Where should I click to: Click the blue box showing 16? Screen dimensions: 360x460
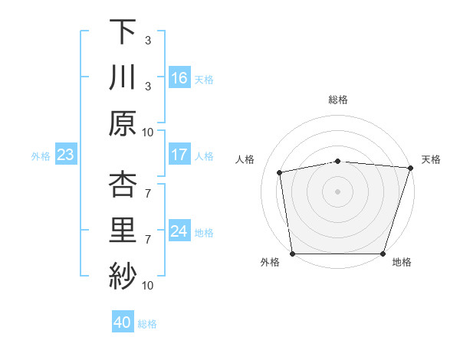(179, 78)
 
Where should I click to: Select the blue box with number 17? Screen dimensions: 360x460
(179, 155)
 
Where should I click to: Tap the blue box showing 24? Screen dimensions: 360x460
(179, 232)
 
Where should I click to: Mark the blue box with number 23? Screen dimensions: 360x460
(65, 155)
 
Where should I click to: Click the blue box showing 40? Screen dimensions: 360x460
(123, 323)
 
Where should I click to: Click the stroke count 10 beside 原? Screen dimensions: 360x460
(148, 132)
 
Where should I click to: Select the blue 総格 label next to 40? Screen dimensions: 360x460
(147, 324)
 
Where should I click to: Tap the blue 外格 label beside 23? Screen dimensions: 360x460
(41, 156)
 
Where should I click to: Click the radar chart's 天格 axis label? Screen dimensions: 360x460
(431, 159)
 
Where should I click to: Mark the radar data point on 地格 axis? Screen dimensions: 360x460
(383, 254)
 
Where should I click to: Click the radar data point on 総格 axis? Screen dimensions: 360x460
(338, 161)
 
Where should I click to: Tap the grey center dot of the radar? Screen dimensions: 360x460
(338, 191)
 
